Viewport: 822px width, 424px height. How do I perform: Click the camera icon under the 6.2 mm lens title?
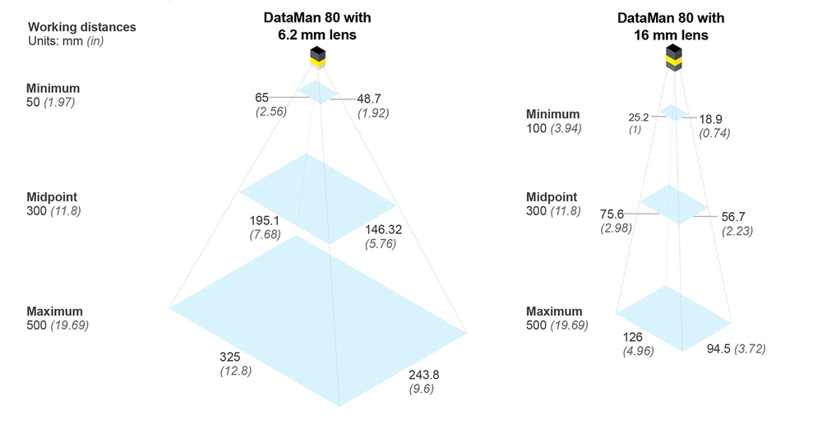(317, 58)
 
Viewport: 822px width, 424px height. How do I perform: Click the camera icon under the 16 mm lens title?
(674, 58)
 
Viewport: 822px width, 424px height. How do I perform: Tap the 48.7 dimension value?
(369, 99)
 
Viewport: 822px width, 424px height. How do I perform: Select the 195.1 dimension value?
(264, 221)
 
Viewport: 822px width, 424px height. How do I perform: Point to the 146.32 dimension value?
(383, 229)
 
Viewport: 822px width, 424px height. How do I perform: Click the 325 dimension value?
(230, 357)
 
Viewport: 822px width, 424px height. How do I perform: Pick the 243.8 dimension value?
(424, 375)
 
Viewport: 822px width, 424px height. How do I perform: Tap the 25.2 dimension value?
(639, 118)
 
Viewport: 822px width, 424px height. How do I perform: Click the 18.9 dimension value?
(710, 119)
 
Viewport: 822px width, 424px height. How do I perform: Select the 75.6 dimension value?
(612, 214)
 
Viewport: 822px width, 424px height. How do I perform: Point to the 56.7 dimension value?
(733, 216)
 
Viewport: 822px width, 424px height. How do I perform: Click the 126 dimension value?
(632, 337)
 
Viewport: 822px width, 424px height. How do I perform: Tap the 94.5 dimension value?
(718, 348)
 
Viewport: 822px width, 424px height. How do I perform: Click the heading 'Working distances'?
(81, 27)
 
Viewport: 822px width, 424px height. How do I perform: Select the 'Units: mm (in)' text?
(66, 41)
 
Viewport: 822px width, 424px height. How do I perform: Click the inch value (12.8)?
(235, 371)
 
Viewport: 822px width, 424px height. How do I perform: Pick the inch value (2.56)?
(271, 112)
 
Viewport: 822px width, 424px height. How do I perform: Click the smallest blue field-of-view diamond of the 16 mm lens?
(673, 113)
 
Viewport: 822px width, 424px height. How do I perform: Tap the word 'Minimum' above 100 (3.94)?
(552, 114)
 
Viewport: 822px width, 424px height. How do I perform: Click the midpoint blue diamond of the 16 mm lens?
(674, 205)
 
